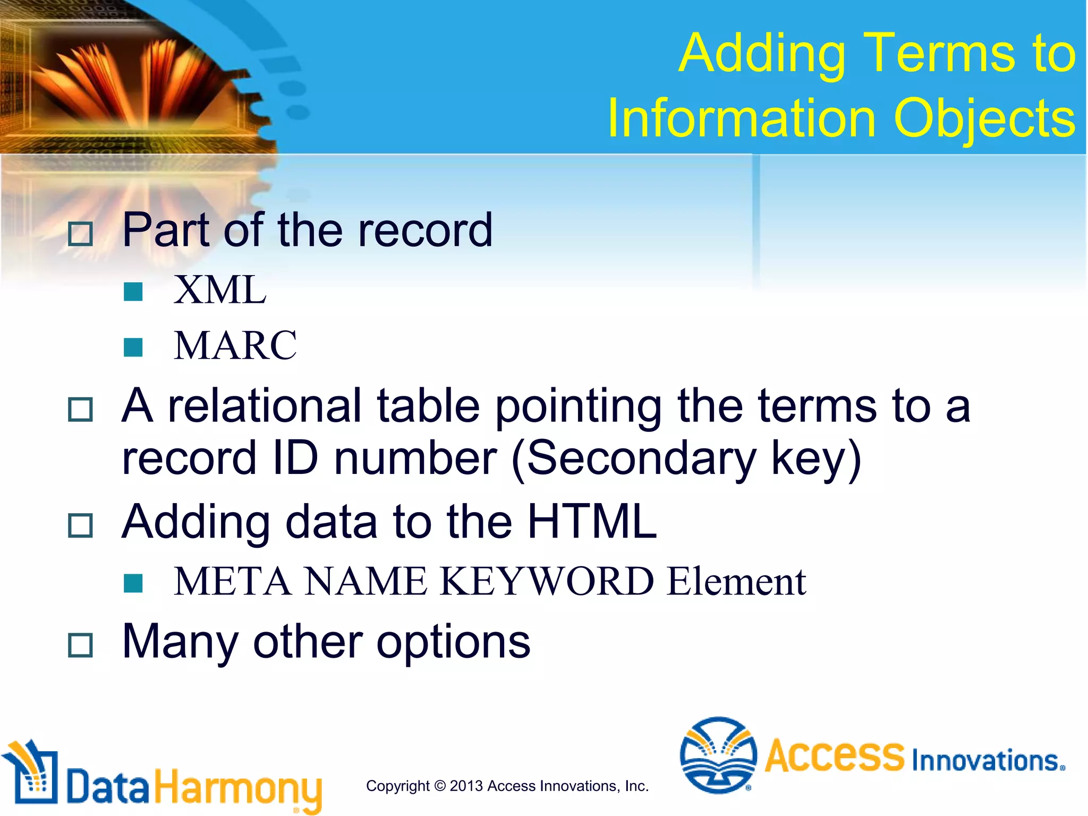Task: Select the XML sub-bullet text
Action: (220, 290)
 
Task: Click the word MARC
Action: (235, 346)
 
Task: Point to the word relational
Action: (265, 406)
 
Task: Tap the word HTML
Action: (592, 522)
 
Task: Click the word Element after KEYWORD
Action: (736, 581)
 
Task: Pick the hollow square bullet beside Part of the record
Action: (81, 234)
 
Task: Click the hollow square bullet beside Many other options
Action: (81, 645)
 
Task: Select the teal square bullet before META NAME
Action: (133, 583)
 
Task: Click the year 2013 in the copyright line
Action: (466, 786)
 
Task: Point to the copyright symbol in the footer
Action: (440, 786)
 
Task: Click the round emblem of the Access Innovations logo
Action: (718, 755)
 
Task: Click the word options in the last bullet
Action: (453, 642)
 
